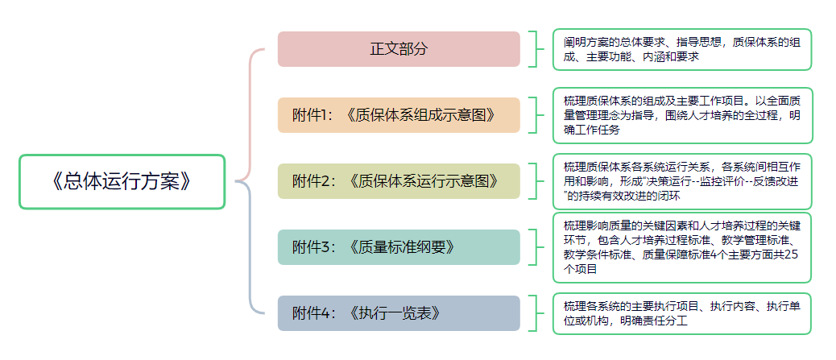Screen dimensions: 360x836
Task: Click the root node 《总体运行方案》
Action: click(122, 181)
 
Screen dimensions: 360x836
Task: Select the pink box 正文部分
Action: click(399, 48)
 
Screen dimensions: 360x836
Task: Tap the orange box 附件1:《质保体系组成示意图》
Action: click(399, 115)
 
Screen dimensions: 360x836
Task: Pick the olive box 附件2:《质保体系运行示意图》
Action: click(399, 181)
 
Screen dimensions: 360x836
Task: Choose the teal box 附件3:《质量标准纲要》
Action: click(399, 247)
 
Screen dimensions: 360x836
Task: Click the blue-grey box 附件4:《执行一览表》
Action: click(399, 313)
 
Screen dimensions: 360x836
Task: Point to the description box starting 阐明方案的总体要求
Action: click(682, 49)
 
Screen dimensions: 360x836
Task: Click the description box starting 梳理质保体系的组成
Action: click(682, 115)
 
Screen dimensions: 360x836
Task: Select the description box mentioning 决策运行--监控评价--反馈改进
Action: click(682, 181)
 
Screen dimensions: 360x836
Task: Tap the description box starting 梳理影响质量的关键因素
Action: click(682, 247)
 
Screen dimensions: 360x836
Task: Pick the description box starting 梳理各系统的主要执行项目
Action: click(682, 313)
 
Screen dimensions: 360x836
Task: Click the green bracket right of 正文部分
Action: click(535, 49)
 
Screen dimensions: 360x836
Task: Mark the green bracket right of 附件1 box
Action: click(535, 115)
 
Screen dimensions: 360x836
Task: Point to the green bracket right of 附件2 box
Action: click(535, 181)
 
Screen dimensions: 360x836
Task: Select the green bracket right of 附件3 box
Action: click(535, 247)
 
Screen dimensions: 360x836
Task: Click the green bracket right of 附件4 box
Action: click(535, 313)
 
